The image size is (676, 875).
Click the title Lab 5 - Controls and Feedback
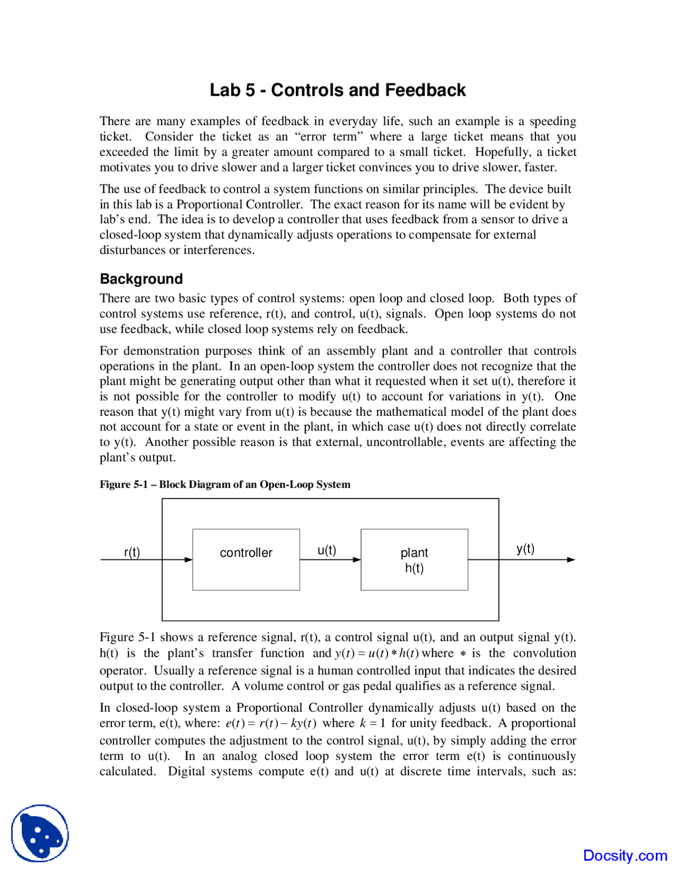[337, 90]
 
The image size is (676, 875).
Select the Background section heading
[141, 278]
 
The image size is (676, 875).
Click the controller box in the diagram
[246, 559]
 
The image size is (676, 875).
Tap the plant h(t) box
[414, 559]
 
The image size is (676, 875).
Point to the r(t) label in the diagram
[132, 552]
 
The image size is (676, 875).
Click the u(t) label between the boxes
[327, 550]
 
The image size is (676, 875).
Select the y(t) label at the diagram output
[525, 548]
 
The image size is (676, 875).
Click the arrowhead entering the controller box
[189, 560]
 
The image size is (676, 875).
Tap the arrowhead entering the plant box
[357, 560]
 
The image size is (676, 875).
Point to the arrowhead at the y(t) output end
[571, 560]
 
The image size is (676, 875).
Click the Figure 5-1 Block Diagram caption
[225, 484]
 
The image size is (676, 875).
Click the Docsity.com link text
[625, 855]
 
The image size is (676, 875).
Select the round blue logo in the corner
[40, 833]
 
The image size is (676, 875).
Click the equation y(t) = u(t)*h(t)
[377, 653]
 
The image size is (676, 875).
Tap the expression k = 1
[372, 723]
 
